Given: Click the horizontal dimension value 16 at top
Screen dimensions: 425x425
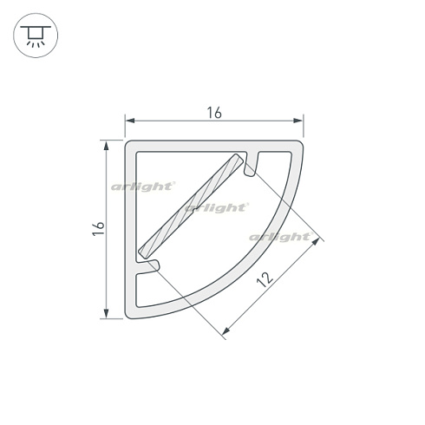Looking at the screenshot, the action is tap(214, 113).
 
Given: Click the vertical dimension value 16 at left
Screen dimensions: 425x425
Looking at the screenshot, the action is tap(99, 229).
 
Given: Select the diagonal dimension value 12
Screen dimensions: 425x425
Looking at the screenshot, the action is tap(265, 279).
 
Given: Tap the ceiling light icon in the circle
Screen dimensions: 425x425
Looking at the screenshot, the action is tap(36, 36).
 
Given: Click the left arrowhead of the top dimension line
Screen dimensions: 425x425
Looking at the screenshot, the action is tap(130, 121).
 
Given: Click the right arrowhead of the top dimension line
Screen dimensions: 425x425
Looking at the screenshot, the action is tap(297, 121).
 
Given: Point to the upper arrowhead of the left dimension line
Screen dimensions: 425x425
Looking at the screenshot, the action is tap(106, 146).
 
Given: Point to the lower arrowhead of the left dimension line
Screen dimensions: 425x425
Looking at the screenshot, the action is tap(106, 313).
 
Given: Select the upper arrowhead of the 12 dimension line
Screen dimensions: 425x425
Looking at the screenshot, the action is tap(317, 241).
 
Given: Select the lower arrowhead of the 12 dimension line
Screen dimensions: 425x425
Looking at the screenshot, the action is tap(226, 331).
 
